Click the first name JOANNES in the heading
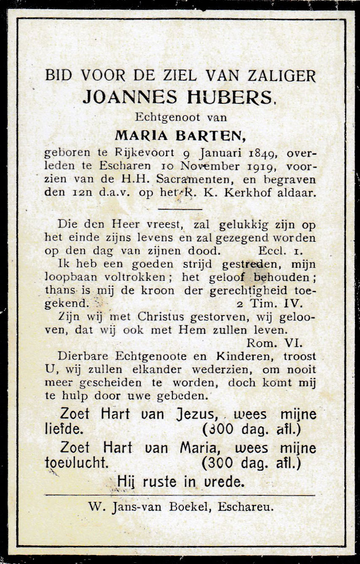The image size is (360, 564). [x=129, y=97]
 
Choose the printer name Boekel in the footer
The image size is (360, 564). [x=190, y=507]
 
